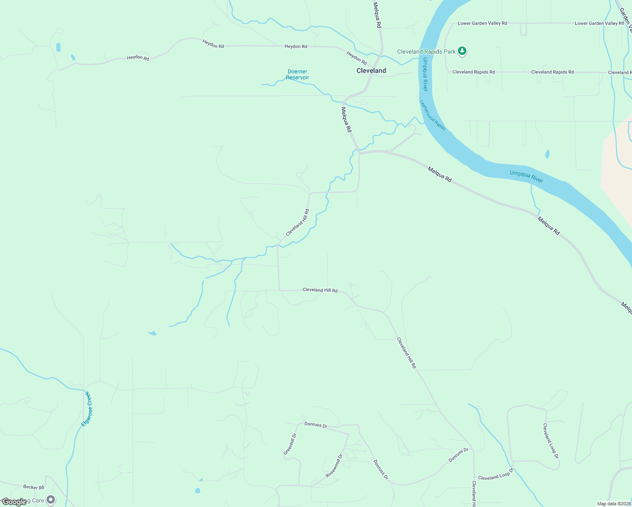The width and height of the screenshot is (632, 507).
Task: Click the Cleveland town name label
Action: pos(371,71)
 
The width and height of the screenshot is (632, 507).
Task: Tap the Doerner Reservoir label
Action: pos(297,74)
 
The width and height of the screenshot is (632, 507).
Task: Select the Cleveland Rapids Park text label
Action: pos(426,52)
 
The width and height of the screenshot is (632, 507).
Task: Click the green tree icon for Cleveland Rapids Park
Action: pos(462,51)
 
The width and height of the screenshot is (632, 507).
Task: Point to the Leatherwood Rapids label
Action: pos(433,115)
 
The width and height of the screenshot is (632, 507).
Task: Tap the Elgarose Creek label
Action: pos(87,409)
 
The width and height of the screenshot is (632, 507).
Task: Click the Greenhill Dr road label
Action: pos(290,444)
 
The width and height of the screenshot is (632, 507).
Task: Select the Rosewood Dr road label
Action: pos(334,466)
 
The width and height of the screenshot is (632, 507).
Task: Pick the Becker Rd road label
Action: pos(34,487)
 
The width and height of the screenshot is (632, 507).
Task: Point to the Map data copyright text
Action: pos(614,504)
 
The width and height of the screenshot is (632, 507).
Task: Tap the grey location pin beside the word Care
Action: pos(51,500)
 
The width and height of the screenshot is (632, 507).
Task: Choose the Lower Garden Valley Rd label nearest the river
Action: pos(482,23)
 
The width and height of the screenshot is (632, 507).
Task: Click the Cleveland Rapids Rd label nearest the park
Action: pos(473,72)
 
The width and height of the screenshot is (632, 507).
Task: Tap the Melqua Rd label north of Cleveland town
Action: pos(377,15)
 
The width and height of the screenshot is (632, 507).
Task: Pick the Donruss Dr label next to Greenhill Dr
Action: pos(316,425)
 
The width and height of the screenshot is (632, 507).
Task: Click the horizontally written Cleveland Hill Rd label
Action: pos(320,290)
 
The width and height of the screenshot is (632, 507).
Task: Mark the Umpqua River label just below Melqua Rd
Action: pos(526,177)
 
